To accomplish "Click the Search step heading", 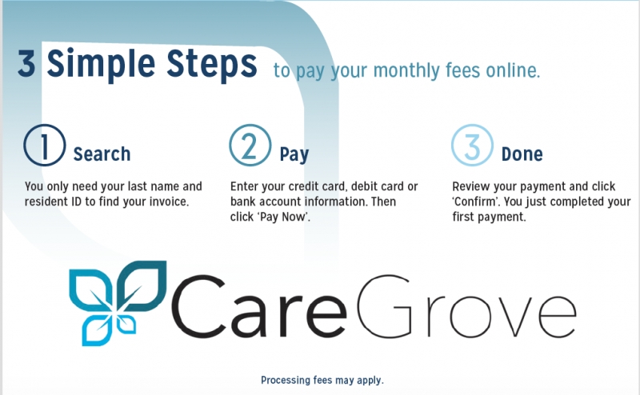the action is click(102, 154).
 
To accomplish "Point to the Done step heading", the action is click(522, 154).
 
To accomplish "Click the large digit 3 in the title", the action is click(26, 64).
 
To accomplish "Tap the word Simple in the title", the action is click(101, 65).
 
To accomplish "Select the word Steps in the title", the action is click(212, 65).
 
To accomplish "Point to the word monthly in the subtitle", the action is click(406, 71).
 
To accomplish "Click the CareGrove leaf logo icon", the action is click(118, 303).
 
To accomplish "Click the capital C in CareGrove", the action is click(198, 305).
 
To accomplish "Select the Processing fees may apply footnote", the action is click(322, 381).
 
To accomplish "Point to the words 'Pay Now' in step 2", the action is click(283, 217).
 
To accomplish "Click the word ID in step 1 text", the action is click(76, 201).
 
